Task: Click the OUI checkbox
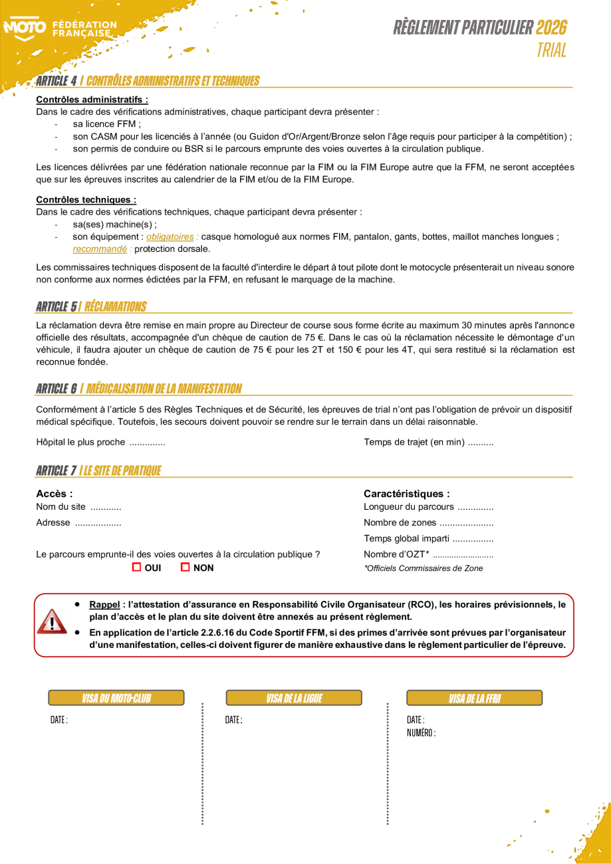tap(137, 567)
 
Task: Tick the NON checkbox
tap(185, 567)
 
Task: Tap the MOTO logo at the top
tap(25, 28)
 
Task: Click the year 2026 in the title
tap(551, 27)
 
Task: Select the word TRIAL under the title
tap(552, 51)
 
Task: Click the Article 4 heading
tap(148, 81)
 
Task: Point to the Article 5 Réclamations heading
tap(91, 306)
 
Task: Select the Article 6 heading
tap(139, 388)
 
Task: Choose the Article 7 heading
tap(98, 471)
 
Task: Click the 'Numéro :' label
tap(421, 732)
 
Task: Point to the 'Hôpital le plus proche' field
tap(100, 442)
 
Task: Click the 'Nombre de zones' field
tap(428, 522)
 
